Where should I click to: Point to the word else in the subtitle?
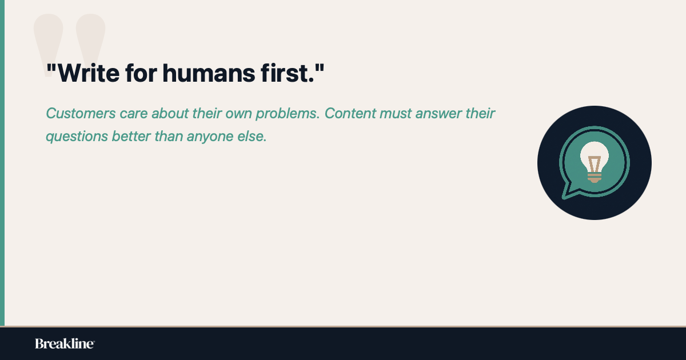pyautogui.click(x=253, y=137)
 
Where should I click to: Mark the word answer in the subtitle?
pyautogui.click(x=439, y=113)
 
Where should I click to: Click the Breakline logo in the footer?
pyautogui.click(x=65, y=343)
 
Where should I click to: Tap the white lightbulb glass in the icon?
pyautogui.click(x=595, y=153)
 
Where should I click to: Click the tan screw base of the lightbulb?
pyautogui.click(x=595, y=178)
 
